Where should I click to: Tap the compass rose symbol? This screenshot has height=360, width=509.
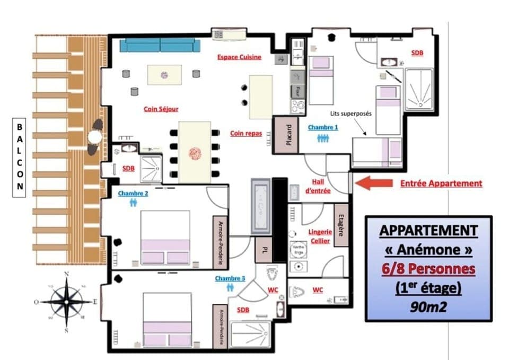[66, 301]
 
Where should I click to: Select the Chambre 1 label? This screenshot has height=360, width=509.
[322, 127]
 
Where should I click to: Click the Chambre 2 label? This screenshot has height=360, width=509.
[133, 194]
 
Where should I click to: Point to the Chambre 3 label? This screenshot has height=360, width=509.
[230, 278]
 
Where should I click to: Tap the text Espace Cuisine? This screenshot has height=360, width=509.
[239, 57]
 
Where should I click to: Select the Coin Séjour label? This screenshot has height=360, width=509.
[161, 109]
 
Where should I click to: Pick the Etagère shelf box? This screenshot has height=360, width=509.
[342, 225]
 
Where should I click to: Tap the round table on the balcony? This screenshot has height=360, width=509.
[94, 137]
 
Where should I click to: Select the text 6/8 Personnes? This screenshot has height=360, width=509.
[428, 269]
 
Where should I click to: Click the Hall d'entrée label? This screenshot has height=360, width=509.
[319, 186]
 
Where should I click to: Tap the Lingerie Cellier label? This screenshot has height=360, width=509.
[320, 236]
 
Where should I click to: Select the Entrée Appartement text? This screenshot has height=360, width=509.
[441, 183]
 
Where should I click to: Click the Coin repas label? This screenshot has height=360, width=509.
[246, 134]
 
